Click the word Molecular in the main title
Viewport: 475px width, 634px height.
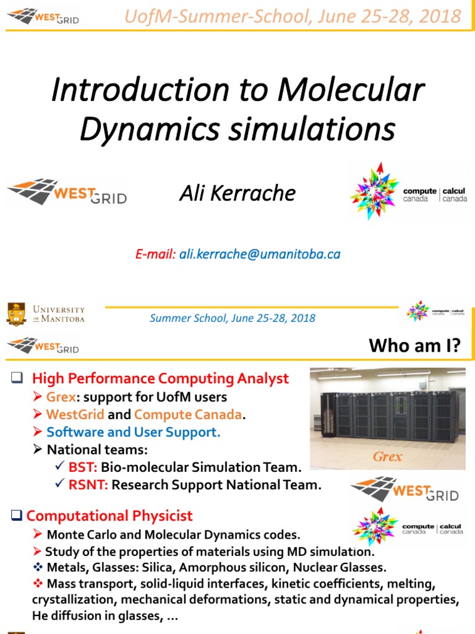(351, 90)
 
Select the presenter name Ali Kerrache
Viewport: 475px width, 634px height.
(237, 193)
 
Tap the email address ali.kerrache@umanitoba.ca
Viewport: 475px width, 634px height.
(260, 254)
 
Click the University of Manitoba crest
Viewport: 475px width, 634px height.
(16, 314)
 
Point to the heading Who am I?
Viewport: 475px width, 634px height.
(414, 345)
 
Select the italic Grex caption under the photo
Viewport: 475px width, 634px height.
(387, 457)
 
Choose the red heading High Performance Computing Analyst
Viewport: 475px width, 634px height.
(160, 378)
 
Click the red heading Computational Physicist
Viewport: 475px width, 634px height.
(109, 516)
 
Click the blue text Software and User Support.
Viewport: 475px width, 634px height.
(134, 432)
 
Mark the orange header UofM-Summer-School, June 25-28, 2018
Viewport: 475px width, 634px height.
(293, 15)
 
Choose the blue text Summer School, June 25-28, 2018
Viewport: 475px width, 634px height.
(233, 318)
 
